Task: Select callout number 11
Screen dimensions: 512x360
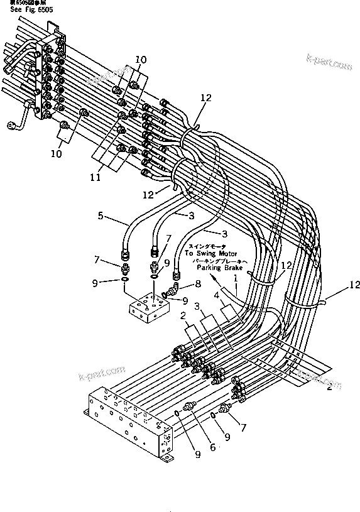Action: coord(95,178)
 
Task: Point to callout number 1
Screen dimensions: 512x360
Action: coord(236,278)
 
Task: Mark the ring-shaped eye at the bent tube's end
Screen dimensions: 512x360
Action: coord(11,127)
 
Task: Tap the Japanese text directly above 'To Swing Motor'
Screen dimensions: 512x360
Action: coord(207,246)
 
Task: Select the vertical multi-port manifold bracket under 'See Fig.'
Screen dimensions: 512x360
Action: coord(48,79)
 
